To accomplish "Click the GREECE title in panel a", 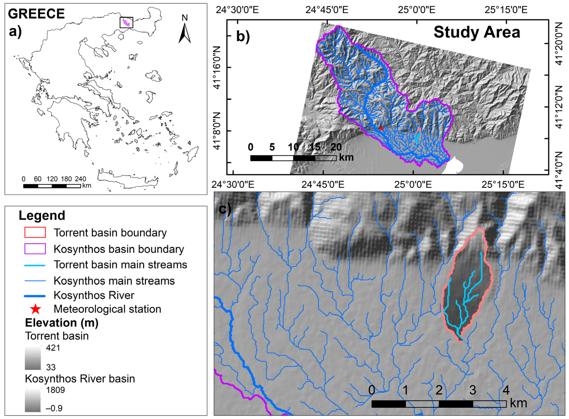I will [36, 14].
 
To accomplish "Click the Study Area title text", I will [477, 32].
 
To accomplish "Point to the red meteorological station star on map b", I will [382, 129].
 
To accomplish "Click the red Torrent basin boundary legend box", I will [35, 232].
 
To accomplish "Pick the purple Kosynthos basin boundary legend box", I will [35, 249].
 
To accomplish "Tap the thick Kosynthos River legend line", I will [35, 296].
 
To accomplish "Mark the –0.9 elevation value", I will [54, 408].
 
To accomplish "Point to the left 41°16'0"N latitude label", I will [218, 68].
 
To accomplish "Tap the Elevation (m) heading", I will [62, 323].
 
